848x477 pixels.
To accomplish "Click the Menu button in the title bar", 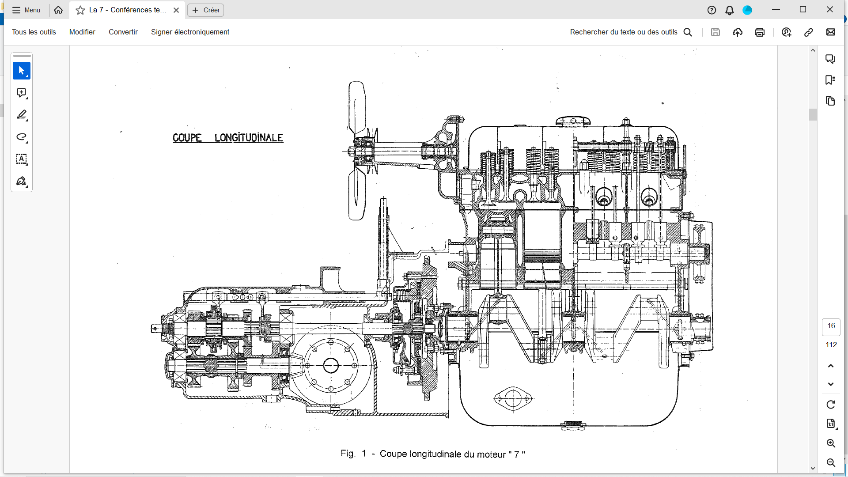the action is (x=26, y=10).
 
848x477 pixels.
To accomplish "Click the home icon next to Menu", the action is (x=58, y=10).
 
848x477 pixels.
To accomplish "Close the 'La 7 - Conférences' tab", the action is (x=176, y=10).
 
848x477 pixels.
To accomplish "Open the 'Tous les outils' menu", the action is (x=34, y=32).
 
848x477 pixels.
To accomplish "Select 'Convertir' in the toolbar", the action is (x=123, y=32).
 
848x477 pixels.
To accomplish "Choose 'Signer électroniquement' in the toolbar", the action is (x=190, y=32).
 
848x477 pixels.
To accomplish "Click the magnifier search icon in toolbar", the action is (x=688, y=32).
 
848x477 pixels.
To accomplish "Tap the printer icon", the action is (x=760, y=32).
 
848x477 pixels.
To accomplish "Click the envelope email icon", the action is (x=831, y=32).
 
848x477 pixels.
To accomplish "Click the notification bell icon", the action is (x=730, y=10).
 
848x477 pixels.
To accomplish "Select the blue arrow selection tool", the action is (x=22, y=71).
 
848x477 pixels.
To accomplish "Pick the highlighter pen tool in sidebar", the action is (x=22, y=115).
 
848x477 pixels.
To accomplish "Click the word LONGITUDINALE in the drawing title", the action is (x=249, y=138).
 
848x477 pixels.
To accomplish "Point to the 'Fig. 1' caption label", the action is (x=353, y=454).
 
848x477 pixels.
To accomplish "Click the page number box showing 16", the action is (x=831, y=326).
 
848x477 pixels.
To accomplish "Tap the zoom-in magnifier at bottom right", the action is (x=831, y=443).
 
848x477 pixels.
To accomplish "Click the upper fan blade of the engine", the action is (x=357, y=107).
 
